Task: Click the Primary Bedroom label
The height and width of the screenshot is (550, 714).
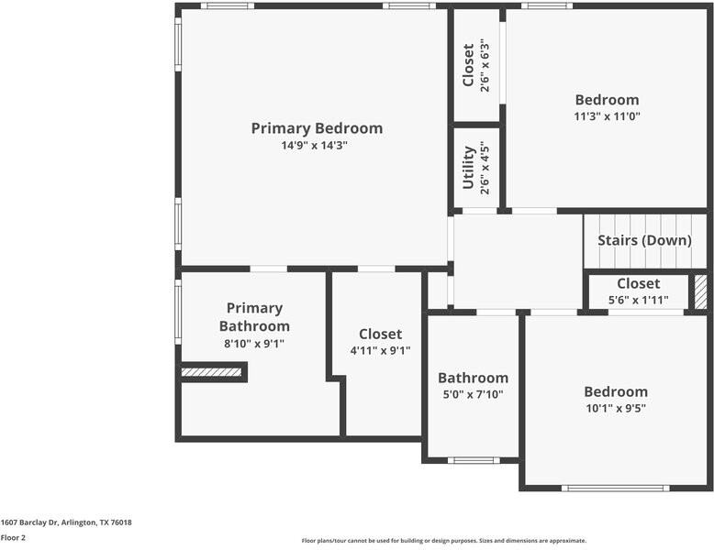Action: click(317, 128)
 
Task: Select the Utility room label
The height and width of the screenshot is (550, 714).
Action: click(468, 167)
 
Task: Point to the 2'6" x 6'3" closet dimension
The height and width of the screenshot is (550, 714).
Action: click(485, 66)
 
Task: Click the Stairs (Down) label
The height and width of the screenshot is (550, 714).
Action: click(644, 240)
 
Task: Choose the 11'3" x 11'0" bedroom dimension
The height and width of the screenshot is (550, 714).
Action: click(607, 116)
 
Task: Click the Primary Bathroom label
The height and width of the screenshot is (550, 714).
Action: click(254, 317)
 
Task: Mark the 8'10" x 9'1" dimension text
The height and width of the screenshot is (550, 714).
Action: click(253, 344)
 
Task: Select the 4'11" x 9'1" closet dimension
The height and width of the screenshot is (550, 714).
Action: click(380, 350)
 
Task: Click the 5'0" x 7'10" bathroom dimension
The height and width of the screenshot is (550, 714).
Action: click(473, 394)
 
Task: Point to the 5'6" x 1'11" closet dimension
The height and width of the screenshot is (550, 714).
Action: click(638, 300)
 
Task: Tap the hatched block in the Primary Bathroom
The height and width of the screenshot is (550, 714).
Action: click(212, 372)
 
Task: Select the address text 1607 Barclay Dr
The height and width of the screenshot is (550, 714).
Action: click(66, 522)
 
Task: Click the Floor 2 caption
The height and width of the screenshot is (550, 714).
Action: click(13, 538)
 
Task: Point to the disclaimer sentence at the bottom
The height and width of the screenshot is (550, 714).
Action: click(444, 541)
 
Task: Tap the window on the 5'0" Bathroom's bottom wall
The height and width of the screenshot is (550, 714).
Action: click(474, 460)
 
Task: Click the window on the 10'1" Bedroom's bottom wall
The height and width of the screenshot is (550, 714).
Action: click(616, 488)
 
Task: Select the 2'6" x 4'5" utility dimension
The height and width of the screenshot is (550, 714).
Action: click(485, 167)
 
